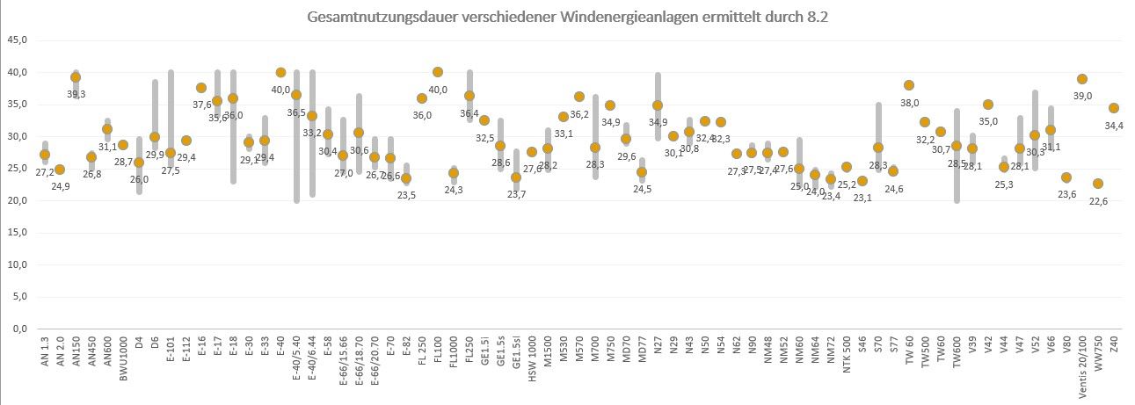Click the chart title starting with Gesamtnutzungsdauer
(x=568, y=17)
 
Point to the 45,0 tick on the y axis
(x=16, y=40)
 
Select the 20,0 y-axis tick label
(x=16, y=200)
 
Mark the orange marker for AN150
(x=76, y=77)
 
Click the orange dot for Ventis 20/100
(x=1082, y=79)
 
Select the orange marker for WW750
(x=1098, y=184)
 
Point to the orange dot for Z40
(x=1114, y=108)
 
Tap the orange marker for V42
(x=988, y=105)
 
